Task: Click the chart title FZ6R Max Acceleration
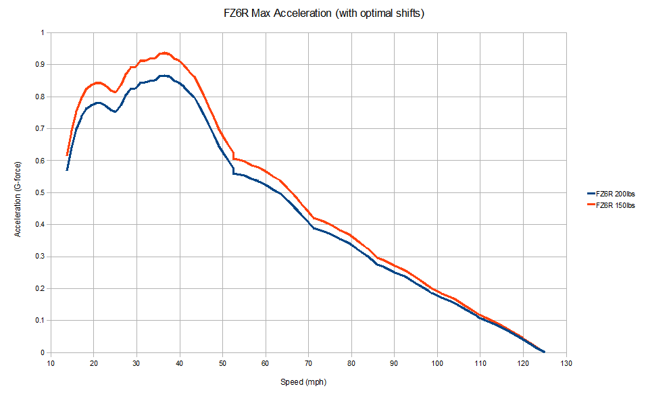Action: point(323,14)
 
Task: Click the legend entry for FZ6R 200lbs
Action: point(616,194)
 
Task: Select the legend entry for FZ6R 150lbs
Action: point(616,205)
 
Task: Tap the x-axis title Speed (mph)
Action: point(303,382)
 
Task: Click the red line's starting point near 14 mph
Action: point(67,155)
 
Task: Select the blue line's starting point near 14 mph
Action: point(67,169)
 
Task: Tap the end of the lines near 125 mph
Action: point(544,351)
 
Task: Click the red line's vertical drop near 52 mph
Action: point(233,155)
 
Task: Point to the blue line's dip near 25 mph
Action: point(115,111)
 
